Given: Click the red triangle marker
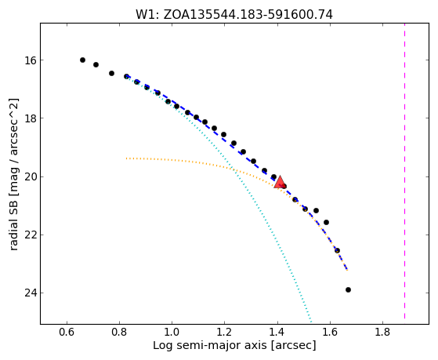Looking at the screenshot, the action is coord(280,182).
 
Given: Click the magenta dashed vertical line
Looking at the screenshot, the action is coord(404,171).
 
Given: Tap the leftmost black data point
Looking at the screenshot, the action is coord(82,60).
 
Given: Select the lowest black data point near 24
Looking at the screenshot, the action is coord(348,289).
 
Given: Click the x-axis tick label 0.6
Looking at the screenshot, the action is coord(67,332).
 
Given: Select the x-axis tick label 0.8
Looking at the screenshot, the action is coord(119,332).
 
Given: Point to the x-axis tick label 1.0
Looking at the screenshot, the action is coord(172,332).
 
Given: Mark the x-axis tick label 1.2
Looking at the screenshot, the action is coord(225,332).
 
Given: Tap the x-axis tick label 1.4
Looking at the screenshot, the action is coord(277,332).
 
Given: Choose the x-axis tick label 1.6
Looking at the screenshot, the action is coord(330,332).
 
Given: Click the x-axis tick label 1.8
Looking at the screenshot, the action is coord(382,332).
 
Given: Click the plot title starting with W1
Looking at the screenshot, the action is coord(234,15).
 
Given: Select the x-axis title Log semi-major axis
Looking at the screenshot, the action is coord(234,346).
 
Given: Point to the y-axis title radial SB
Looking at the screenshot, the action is coord(13,174).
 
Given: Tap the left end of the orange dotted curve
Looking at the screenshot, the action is coord(126,158).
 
